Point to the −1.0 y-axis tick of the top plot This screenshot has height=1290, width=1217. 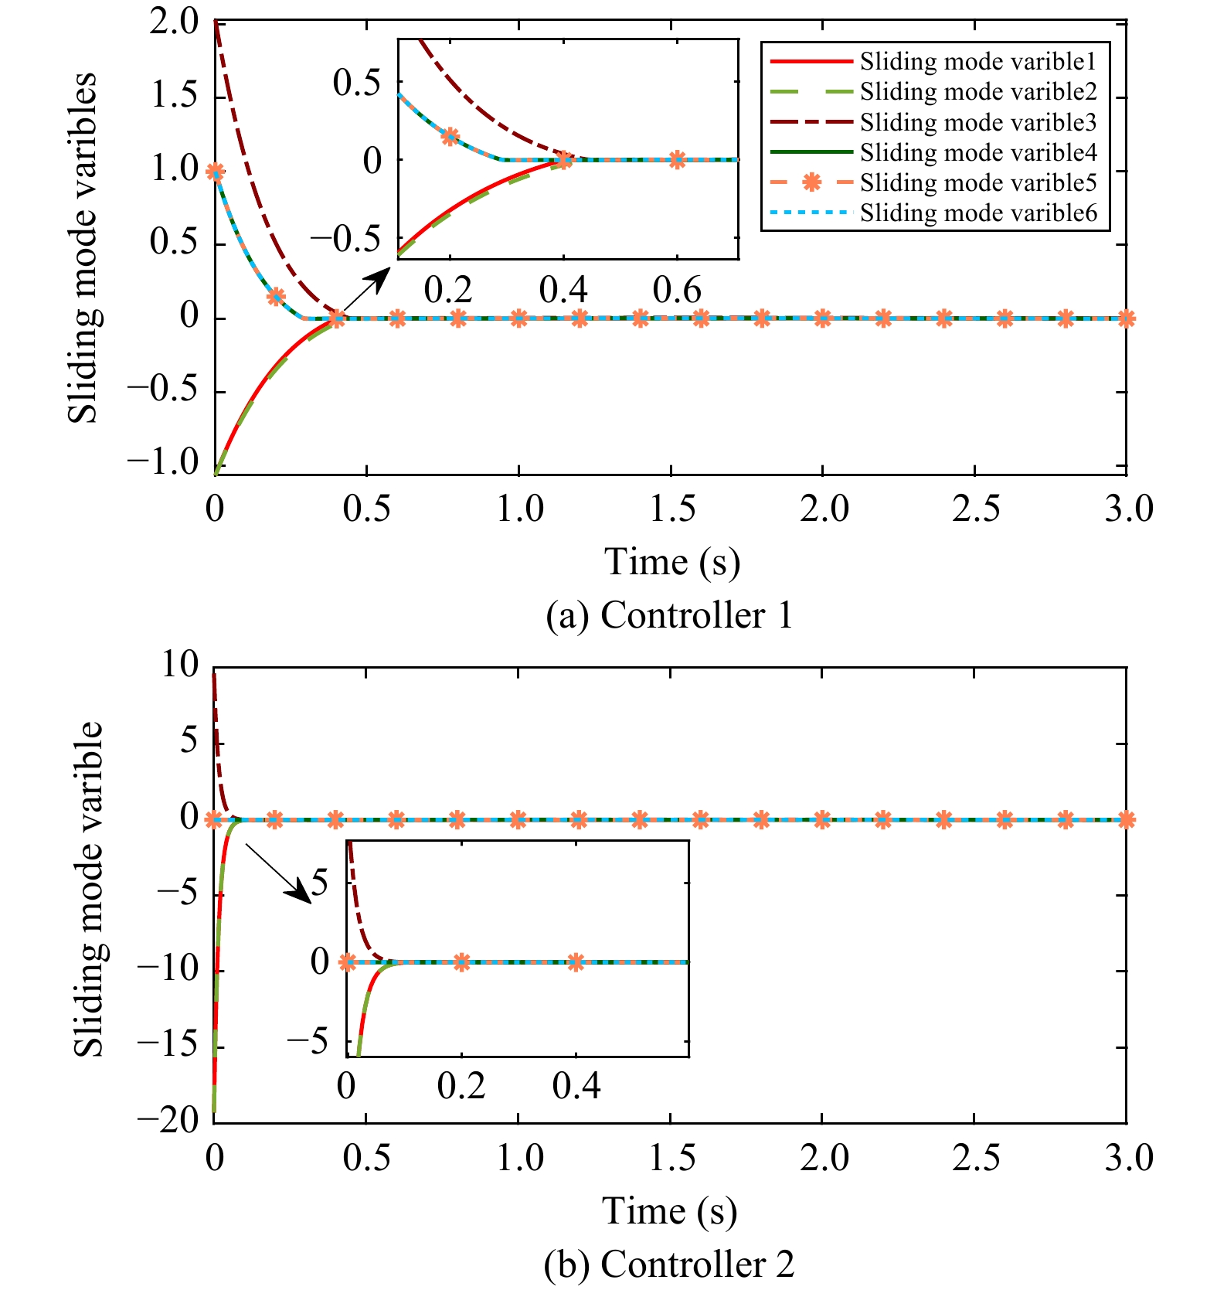click(164, 464)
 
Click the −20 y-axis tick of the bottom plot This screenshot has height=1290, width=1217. click(168, 1121)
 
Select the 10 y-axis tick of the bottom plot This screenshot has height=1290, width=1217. click(179, 665)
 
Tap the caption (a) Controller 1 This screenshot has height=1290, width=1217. click(669, 616)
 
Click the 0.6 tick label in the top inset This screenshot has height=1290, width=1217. click(677, 291)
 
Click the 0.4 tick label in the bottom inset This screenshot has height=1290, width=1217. click(576, 1087)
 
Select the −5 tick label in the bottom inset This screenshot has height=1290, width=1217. click(307, 1042)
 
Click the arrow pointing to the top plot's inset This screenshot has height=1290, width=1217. click(366, 288)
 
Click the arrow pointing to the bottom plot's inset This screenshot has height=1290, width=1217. click(278, 873)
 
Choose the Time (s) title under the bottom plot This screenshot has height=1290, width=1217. click(669, 1211)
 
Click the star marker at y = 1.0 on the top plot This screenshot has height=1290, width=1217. click(216, 171)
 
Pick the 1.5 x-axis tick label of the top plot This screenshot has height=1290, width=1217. click(672, 510)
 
